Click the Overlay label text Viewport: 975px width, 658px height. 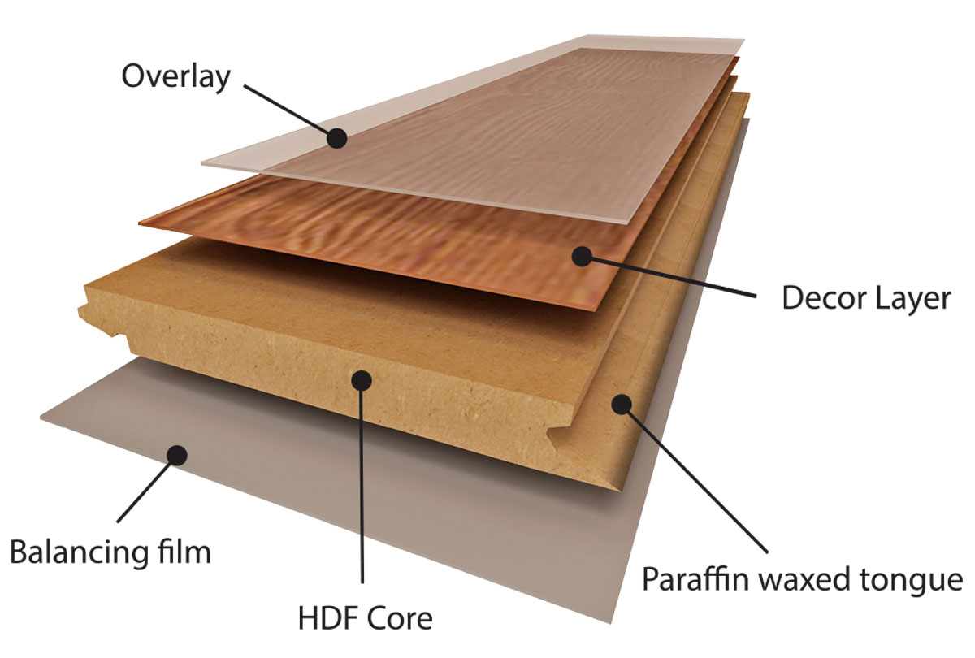(x=175, y=77)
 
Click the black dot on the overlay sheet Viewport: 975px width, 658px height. (x=337, y=138)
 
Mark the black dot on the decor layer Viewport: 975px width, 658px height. (x=583, y=256)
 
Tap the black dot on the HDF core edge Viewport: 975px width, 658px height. (x=362, y=380)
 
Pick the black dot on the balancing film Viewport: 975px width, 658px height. (x=177, y=455)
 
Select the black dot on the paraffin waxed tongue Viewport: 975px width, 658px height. (x=622, y=405)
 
